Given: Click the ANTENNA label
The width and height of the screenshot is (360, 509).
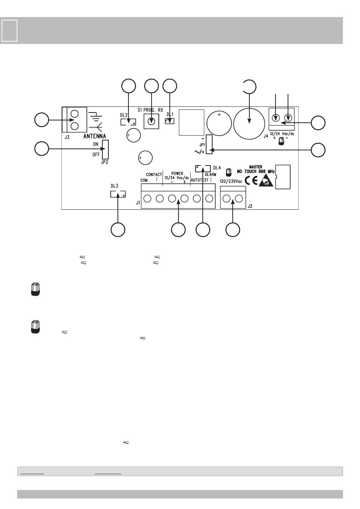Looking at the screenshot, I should point(94,136).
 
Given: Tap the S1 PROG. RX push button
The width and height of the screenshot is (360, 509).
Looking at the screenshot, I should point(151,122).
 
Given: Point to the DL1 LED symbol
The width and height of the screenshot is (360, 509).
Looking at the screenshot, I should point(170,122).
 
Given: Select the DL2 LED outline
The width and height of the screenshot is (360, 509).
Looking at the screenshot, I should point(128,122).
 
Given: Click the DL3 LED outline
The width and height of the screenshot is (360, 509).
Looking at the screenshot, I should point(118,194).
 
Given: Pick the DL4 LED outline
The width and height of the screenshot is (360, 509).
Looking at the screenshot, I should point(203,168).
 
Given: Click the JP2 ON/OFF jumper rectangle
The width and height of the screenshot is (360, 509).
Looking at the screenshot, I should point(105,149).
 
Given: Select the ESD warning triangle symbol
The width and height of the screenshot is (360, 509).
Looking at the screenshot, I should point(266,181).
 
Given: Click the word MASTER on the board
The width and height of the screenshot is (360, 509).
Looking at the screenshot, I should point(256,167).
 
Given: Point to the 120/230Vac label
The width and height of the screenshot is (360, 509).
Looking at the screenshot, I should point(231,181).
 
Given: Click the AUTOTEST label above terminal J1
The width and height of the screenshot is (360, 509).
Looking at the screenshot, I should point(199,180).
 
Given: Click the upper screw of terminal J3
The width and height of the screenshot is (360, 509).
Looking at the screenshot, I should point(75,114).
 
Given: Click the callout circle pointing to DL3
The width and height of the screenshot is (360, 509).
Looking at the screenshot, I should point(118,230).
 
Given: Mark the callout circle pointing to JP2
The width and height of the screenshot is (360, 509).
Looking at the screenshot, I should point(42,148).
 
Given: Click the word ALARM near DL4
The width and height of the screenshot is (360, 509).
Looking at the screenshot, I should point(210,175).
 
